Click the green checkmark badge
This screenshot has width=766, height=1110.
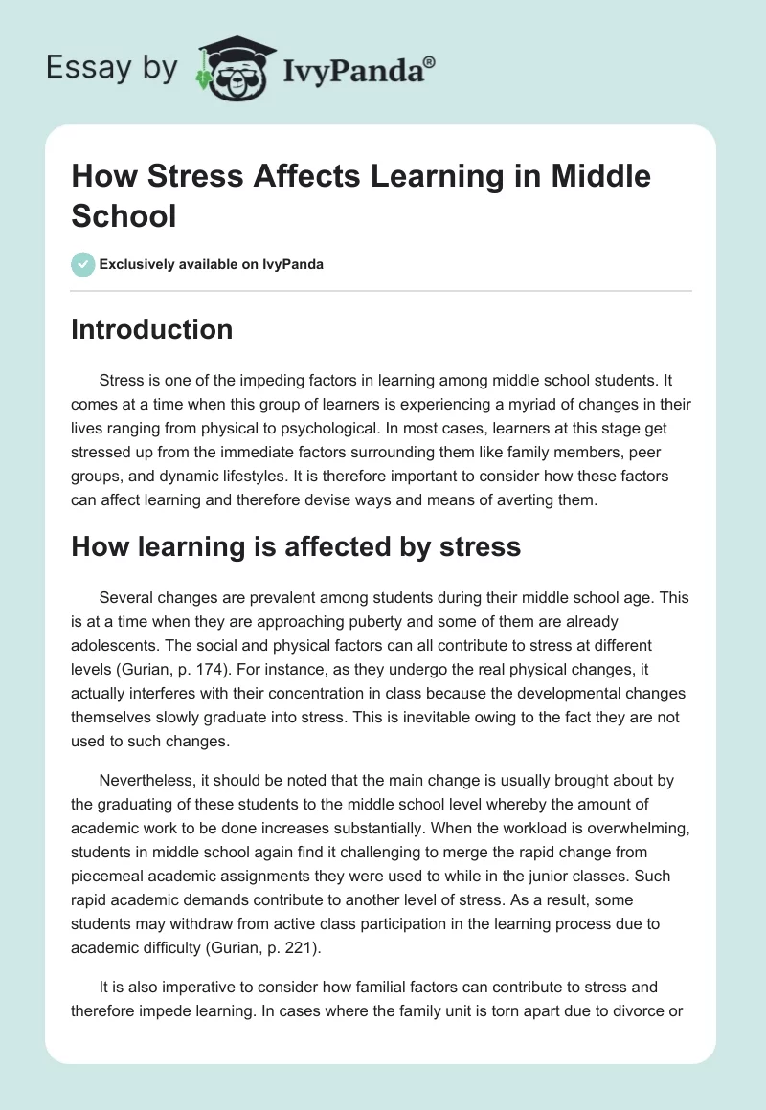click(83, 265)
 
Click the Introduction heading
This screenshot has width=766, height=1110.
click(152, 329)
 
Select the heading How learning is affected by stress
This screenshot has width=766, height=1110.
click(296, 546)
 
